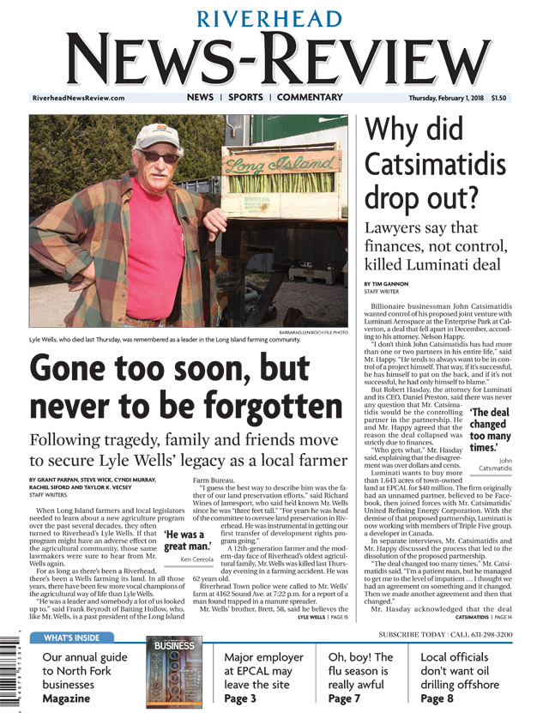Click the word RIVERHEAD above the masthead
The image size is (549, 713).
pyautogui.click(x=274, y=18)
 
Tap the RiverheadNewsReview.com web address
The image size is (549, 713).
pyautogui.click(x=78, y=98)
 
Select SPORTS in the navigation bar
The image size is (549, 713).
pyautogui.click(x=245, y=98)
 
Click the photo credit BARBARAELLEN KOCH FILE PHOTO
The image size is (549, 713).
pyautogui.click(x=314, y=330)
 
